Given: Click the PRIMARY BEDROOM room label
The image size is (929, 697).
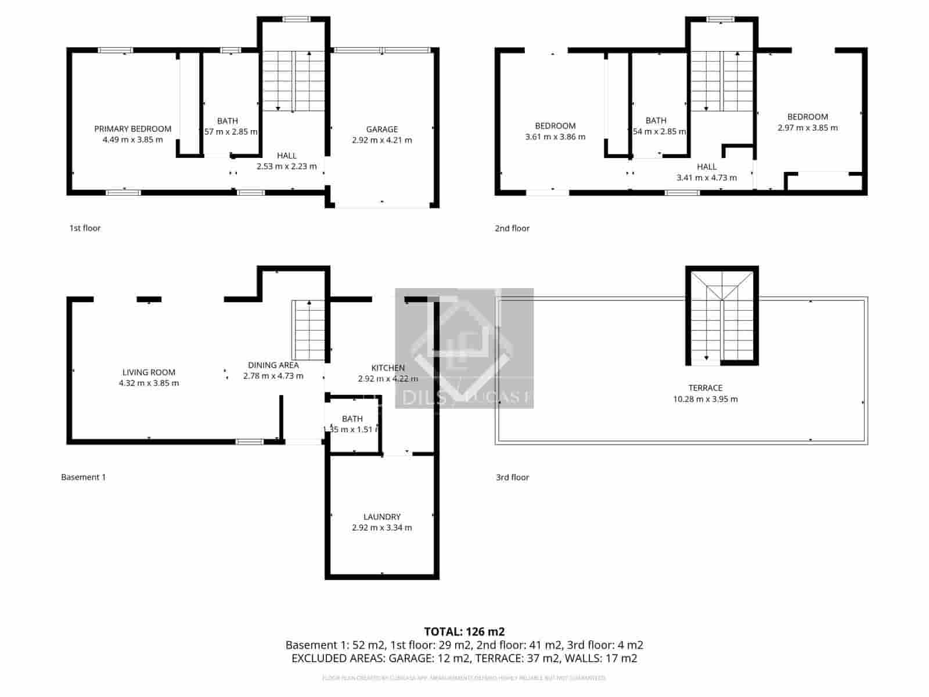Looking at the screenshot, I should click(132, 129).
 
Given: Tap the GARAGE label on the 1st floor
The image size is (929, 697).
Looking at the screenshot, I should click(381, 130).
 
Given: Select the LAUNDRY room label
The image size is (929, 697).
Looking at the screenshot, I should click(381, 517).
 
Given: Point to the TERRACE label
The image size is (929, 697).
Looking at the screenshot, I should click(705, 388).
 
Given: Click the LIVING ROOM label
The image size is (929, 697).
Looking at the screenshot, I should click(149, 372).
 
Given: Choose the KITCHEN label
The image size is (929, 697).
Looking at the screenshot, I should click(388, 368).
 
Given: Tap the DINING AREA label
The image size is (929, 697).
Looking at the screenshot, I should click(273, 365).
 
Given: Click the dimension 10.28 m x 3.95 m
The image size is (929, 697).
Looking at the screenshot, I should click(705, 399).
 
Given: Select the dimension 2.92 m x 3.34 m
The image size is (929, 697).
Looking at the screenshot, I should click(381, 528).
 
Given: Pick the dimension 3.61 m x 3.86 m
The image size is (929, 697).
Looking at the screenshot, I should click(555, 137).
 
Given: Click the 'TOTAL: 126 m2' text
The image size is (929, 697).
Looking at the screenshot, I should click(464, 631).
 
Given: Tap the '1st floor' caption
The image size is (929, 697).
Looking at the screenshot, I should click(85, 228).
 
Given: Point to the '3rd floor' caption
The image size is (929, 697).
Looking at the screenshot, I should click(512, 477).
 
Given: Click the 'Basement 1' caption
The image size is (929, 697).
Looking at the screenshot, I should click(83, 477).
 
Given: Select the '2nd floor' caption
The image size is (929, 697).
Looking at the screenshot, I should click(512, 228).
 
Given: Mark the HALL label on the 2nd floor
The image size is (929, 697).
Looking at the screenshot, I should click(707, 167).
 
